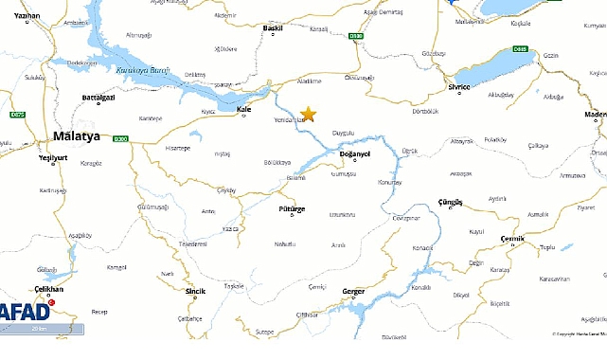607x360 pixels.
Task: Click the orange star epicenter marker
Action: click(307, 114)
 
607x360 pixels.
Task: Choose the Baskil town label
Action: click(272, 29)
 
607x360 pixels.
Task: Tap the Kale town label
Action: click(244, 109)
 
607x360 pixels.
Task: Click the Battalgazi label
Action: click(98, 98)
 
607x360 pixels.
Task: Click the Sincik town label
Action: click(195, 291)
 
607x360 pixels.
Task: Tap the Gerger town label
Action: click(352, 291)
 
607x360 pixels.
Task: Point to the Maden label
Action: click(594, 114)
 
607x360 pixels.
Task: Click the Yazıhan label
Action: click(27, 17)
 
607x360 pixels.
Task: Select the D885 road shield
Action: click(519, 48)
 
